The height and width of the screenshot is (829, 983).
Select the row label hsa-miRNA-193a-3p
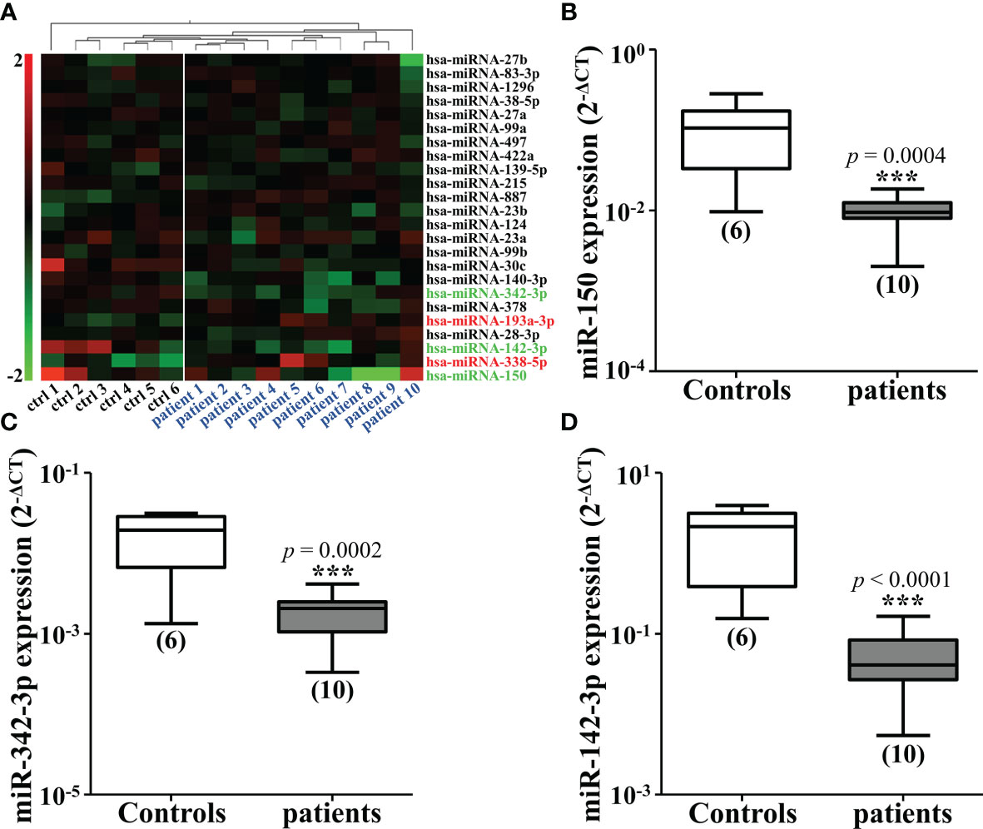(479, 320)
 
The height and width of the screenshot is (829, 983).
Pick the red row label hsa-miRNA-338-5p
(476, 362)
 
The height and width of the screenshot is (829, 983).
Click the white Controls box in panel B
(737, 139)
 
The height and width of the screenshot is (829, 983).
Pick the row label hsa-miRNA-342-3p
(476, 291)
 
